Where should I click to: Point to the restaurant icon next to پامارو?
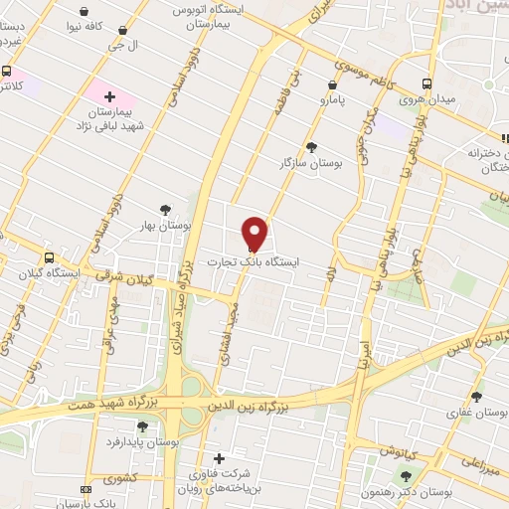coord(331,85)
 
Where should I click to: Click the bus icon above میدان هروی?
coord(426,84)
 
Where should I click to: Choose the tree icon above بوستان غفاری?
coord(478,396)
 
